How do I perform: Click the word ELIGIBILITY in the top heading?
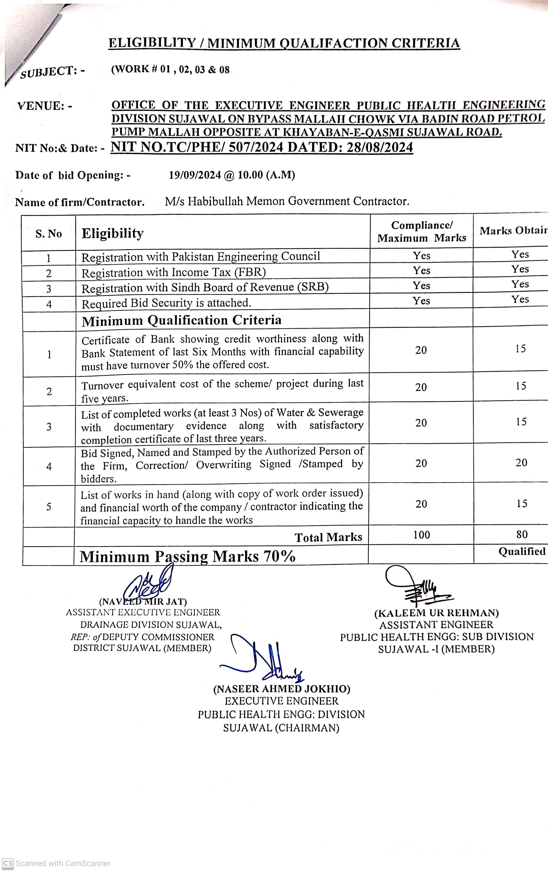click(152, 43)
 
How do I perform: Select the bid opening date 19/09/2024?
click(195, 175)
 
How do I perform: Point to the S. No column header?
click(48, 234)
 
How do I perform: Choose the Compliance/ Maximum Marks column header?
click(421, 231)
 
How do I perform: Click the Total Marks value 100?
click(421, 535)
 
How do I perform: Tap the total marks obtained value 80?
click(522, 534)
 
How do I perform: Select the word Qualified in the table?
click(522, 551)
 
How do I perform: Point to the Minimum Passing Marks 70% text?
click(187, 556)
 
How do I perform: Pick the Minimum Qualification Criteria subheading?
click(182, 320)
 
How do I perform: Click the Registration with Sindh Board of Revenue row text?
click(205, 287)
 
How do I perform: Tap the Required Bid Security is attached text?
click(166, 303)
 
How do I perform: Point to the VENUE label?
click(44, 106)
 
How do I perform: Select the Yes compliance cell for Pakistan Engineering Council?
click(421, 256)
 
